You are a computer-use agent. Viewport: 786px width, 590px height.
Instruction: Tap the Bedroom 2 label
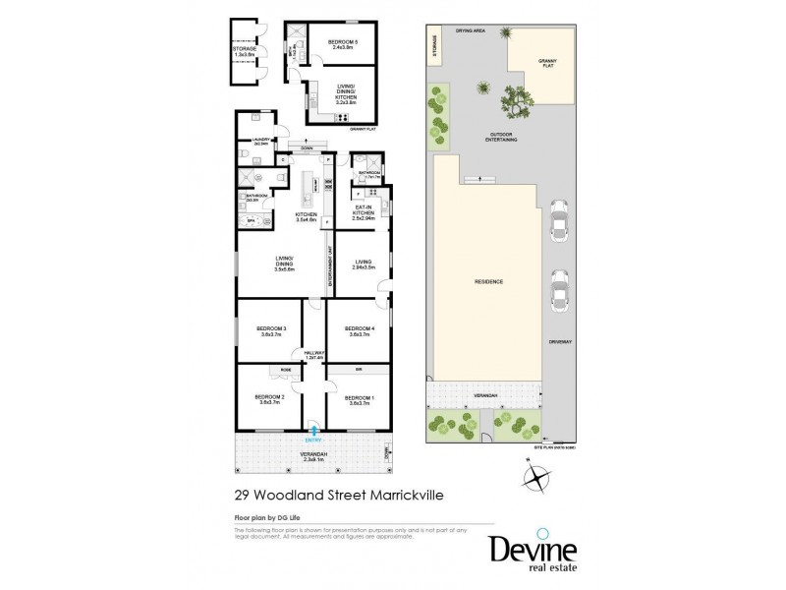point(270,399)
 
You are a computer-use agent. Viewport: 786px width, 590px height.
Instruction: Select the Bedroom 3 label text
point(270,330)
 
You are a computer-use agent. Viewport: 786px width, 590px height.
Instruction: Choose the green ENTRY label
point(313,439)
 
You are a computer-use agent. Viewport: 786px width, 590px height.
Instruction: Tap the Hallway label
point(314,354)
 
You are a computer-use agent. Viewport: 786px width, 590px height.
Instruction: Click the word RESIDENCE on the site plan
point(488,282)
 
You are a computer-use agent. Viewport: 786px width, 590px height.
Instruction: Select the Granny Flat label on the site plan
point(547,64)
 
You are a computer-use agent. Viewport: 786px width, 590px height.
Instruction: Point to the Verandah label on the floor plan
point(312,455)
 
